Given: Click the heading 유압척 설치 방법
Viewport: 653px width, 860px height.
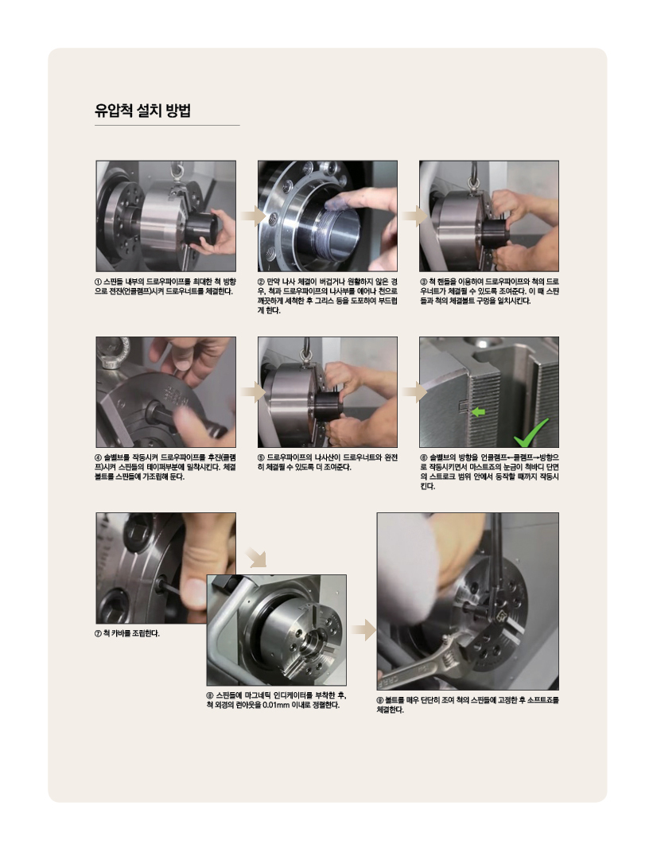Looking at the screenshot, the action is (x=142, y=111).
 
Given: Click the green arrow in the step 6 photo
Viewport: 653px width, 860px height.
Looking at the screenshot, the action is (x=478, y=411).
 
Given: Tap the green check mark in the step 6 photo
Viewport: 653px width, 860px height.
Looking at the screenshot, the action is (x=531, y=433).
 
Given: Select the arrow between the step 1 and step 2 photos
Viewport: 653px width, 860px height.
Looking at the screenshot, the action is (x=253, y=216).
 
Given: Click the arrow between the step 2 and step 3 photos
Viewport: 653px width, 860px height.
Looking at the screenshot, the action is (x=414, y=216).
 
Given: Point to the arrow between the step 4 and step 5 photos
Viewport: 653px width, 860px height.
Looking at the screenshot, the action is (x=253, y=392).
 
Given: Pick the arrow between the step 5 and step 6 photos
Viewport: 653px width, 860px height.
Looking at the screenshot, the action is (x=414, y=392).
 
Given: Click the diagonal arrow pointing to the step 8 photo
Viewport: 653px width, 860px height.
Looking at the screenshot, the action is (x=257, y=557).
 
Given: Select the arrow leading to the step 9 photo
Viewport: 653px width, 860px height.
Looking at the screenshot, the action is (x=363, y=631).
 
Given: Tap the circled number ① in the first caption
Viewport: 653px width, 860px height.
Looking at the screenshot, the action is (x=98, y=282).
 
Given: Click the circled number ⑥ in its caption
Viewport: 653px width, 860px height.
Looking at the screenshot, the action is (x=423, y=457).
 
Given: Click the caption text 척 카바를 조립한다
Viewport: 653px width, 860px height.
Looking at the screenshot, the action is (x=131, y=633).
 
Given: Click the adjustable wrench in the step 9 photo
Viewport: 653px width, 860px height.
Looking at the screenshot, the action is (x=428, y=661).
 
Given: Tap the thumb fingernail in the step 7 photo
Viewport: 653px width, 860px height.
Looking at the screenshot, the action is (x=192, y=593).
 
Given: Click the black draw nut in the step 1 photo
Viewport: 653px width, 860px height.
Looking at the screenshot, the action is (x=200, y=229).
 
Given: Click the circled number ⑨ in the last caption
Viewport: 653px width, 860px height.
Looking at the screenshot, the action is (x=380, y=700).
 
